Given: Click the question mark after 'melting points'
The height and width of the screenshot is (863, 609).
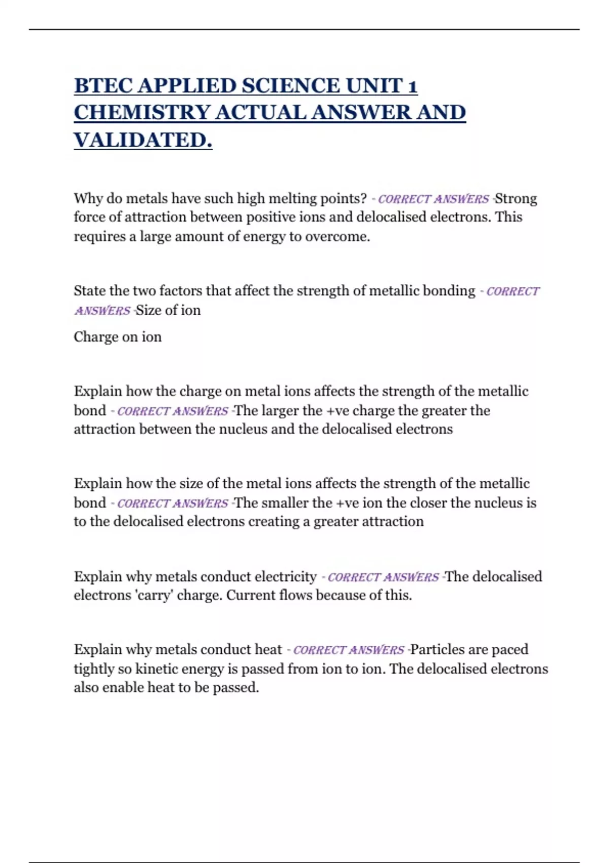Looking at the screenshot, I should tap(363, 198).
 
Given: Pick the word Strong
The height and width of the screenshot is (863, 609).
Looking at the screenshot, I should tap(516, 198).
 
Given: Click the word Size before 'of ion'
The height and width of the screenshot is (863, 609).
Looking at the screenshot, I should tap(148, 310).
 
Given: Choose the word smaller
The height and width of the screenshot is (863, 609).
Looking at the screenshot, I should tap(285, 503).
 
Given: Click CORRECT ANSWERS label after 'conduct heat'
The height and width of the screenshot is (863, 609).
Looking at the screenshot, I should tap(349, 650).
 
